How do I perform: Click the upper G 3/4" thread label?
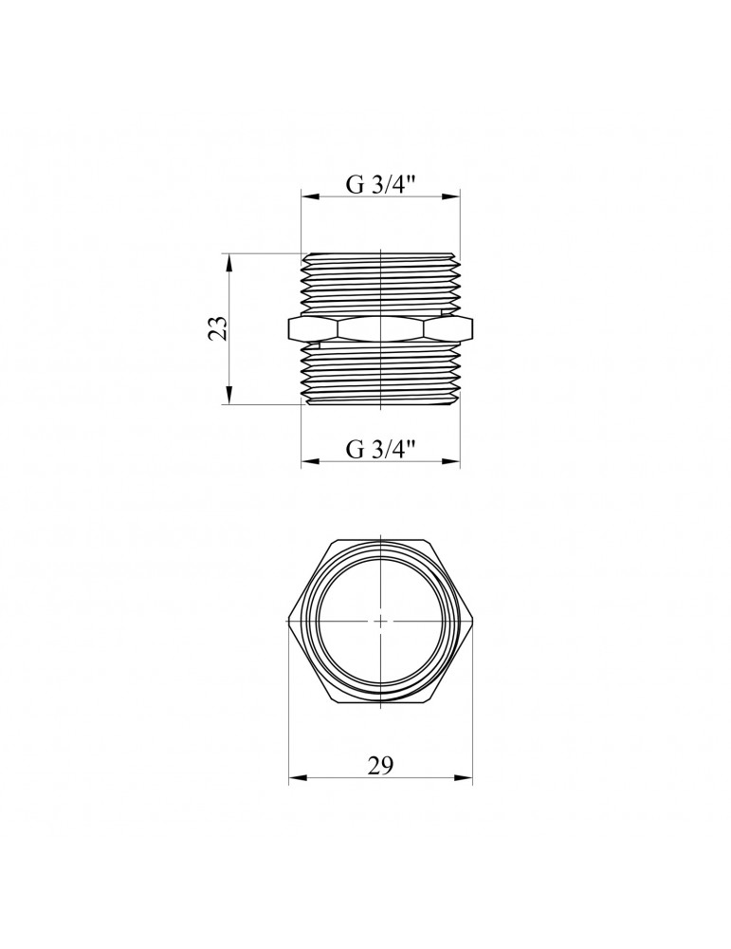pos(381,184)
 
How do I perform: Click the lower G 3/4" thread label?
pos(381,449)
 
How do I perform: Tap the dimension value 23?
pos(220,328)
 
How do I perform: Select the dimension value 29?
pos(380,766)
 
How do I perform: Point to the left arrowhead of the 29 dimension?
pos(297,778)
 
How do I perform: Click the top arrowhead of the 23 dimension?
pos(228,262)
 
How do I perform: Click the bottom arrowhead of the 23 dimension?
pos(228,395)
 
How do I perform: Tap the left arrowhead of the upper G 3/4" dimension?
pos(310,196)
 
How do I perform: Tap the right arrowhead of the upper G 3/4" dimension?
pos(451,196)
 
